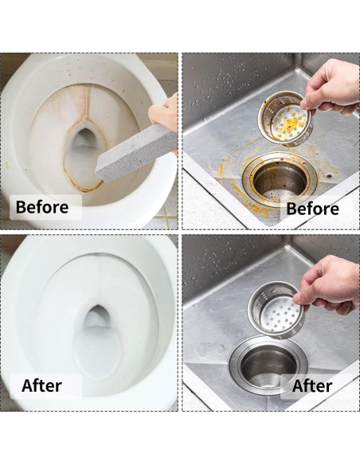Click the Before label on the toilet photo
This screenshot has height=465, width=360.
click(41, 207)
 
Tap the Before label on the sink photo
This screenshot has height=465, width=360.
click(312, 209)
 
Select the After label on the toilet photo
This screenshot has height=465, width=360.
click(41, 386)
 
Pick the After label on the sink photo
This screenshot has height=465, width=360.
click(312, 386)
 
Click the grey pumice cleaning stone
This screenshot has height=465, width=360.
click(136, 151)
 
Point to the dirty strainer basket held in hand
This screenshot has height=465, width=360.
click(286, 119)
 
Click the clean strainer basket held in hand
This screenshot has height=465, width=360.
click(276, 311)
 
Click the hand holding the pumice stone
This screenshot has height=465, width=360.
click(164, 112)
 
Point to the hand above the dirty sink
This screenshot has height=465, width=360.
click(331, 87)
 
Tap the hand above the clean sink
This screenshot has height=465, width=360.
click(327, 284)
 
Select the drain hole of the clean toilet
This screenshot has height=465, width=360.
click(96, 317)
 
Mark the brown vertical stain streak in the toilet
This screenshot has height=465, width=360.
click(86, 102)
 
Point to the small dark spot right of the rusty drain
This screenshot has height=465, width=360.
click(330, 175)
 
